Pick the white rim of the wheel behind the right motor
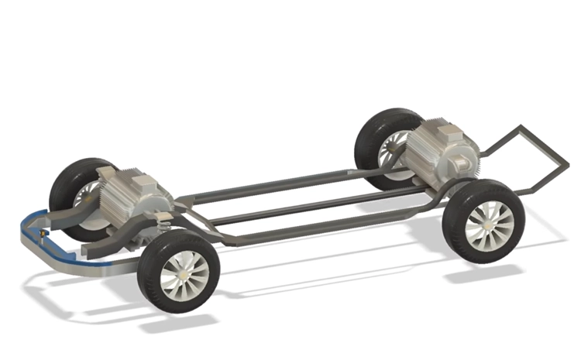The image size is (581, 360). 395,147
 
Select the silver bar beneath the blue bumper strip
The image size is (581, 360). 70,259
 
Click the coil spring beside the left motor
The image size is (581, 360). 164,225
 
